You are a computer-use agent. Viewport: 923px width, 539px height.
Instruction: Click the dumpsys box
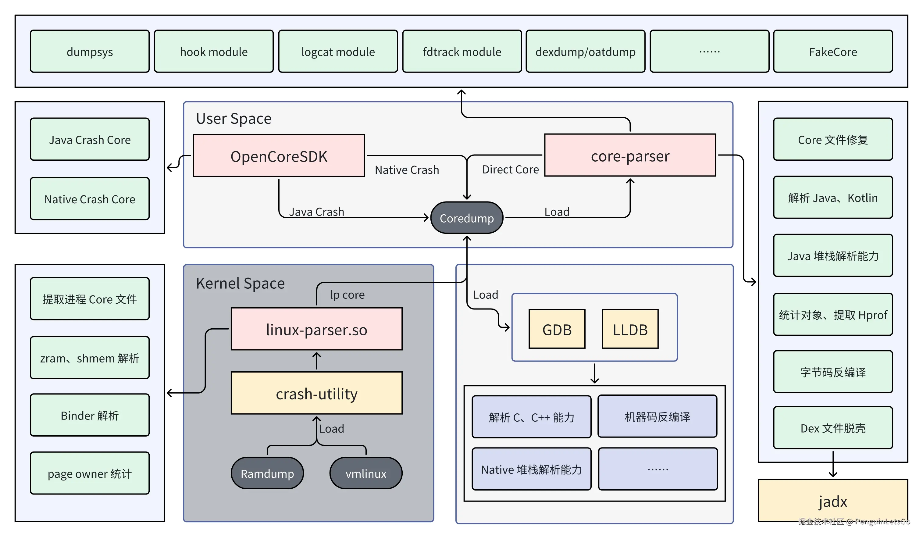pyautogui.click(x=90, y=52)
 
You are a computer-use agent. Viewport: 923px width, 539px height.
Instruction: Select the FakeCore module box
pyautogui.click(x=832, y=52)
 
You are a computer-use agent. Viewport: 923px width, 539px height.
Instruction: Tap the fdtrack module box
pyautogui.click(x=462, y=52)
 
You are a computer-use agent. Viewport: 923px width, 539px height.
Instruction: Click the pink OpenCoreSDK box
pyautogui.click(x=279, y=156)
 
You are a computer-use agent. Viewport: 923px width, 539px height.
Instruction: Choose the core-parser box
pyautogui.click(x=630, y=155)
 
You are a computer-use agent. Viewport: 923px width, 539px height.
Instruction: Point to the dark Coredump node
pyautogui.click(x=467, y=218)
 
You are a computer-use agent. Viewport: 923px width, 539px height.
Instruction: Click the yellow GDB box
pyautogui.click(x=557, y=329)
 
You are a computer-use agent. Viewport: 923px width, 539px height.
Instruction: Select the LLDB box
pyautogui.click(x=630, y=329)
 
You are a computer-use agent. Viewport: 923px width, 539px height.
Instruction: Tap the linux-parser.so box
pyautogui.click(x=316, y=329)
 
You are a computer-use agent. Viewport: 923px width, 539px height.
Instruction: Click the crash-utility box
pyautogui.click(x=316, y=393)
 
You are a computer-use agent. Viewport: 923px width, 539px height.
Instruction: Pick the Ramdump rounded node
pyautogui.click(x=267, y=473)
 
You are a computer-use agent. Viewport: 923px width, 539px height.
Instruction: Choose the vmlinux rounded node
pyautogui.click(x=365, y=473)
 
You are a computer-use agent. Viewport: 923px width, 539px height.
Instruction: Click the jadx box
pyautogui.click(x=832, y=501)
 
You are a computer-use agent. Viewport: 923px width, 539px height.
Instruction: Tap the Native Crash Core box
pyautogui.click(x=90, y=199)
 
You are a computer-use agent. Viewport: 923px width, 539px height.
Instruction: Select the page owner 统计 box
pyautogui.click(x=90, y=473)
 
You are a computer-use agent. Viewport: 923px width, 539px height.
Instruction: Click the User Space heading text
pyautogui.click(x=234, y=118)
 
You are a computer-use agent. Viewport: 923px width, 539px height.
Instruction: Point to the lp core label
pyautogui.click(x=347, y=294)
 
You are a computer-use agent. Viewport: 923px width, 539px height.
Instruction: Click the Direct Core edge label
pyautogui.click(x=510, y=169)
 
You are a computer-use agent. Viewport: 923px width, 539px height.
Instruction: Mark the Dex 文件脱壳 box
pyautogui.click(x=832, y=428)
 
